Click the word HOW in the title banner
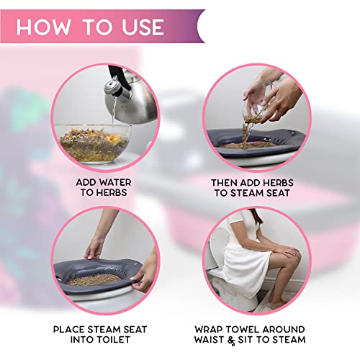pos(48,27)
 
